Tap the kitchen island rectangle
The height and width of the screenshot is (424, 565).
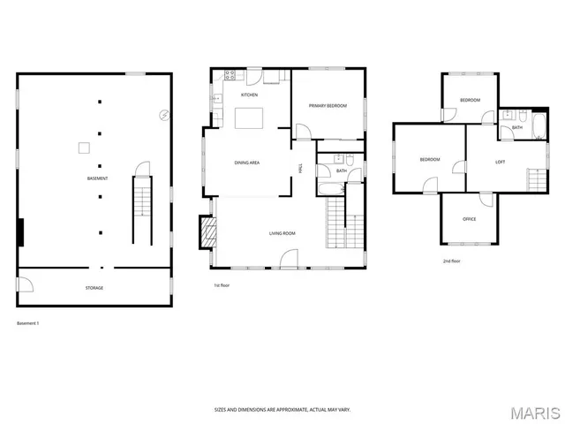248,118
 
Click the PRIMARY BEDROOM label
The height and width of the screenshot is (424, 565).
328,106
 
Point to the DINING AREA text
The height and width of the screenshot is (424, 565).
246,163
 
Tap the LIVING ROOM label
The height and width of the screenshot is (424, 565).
282,233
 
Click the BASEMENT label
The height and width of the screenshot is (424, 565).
97,178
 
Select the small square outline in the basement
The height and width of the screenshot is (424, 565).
84,148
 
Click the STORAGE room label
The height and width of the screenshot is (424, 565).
94,288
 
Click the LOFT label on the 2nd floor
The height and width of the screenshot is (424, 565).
500,162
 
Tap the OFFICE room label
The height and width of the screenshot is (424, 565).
470,219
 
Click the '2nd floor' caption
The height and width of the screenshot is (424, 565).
451,261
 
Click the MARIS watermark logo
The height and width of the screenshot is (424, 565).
535,412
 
